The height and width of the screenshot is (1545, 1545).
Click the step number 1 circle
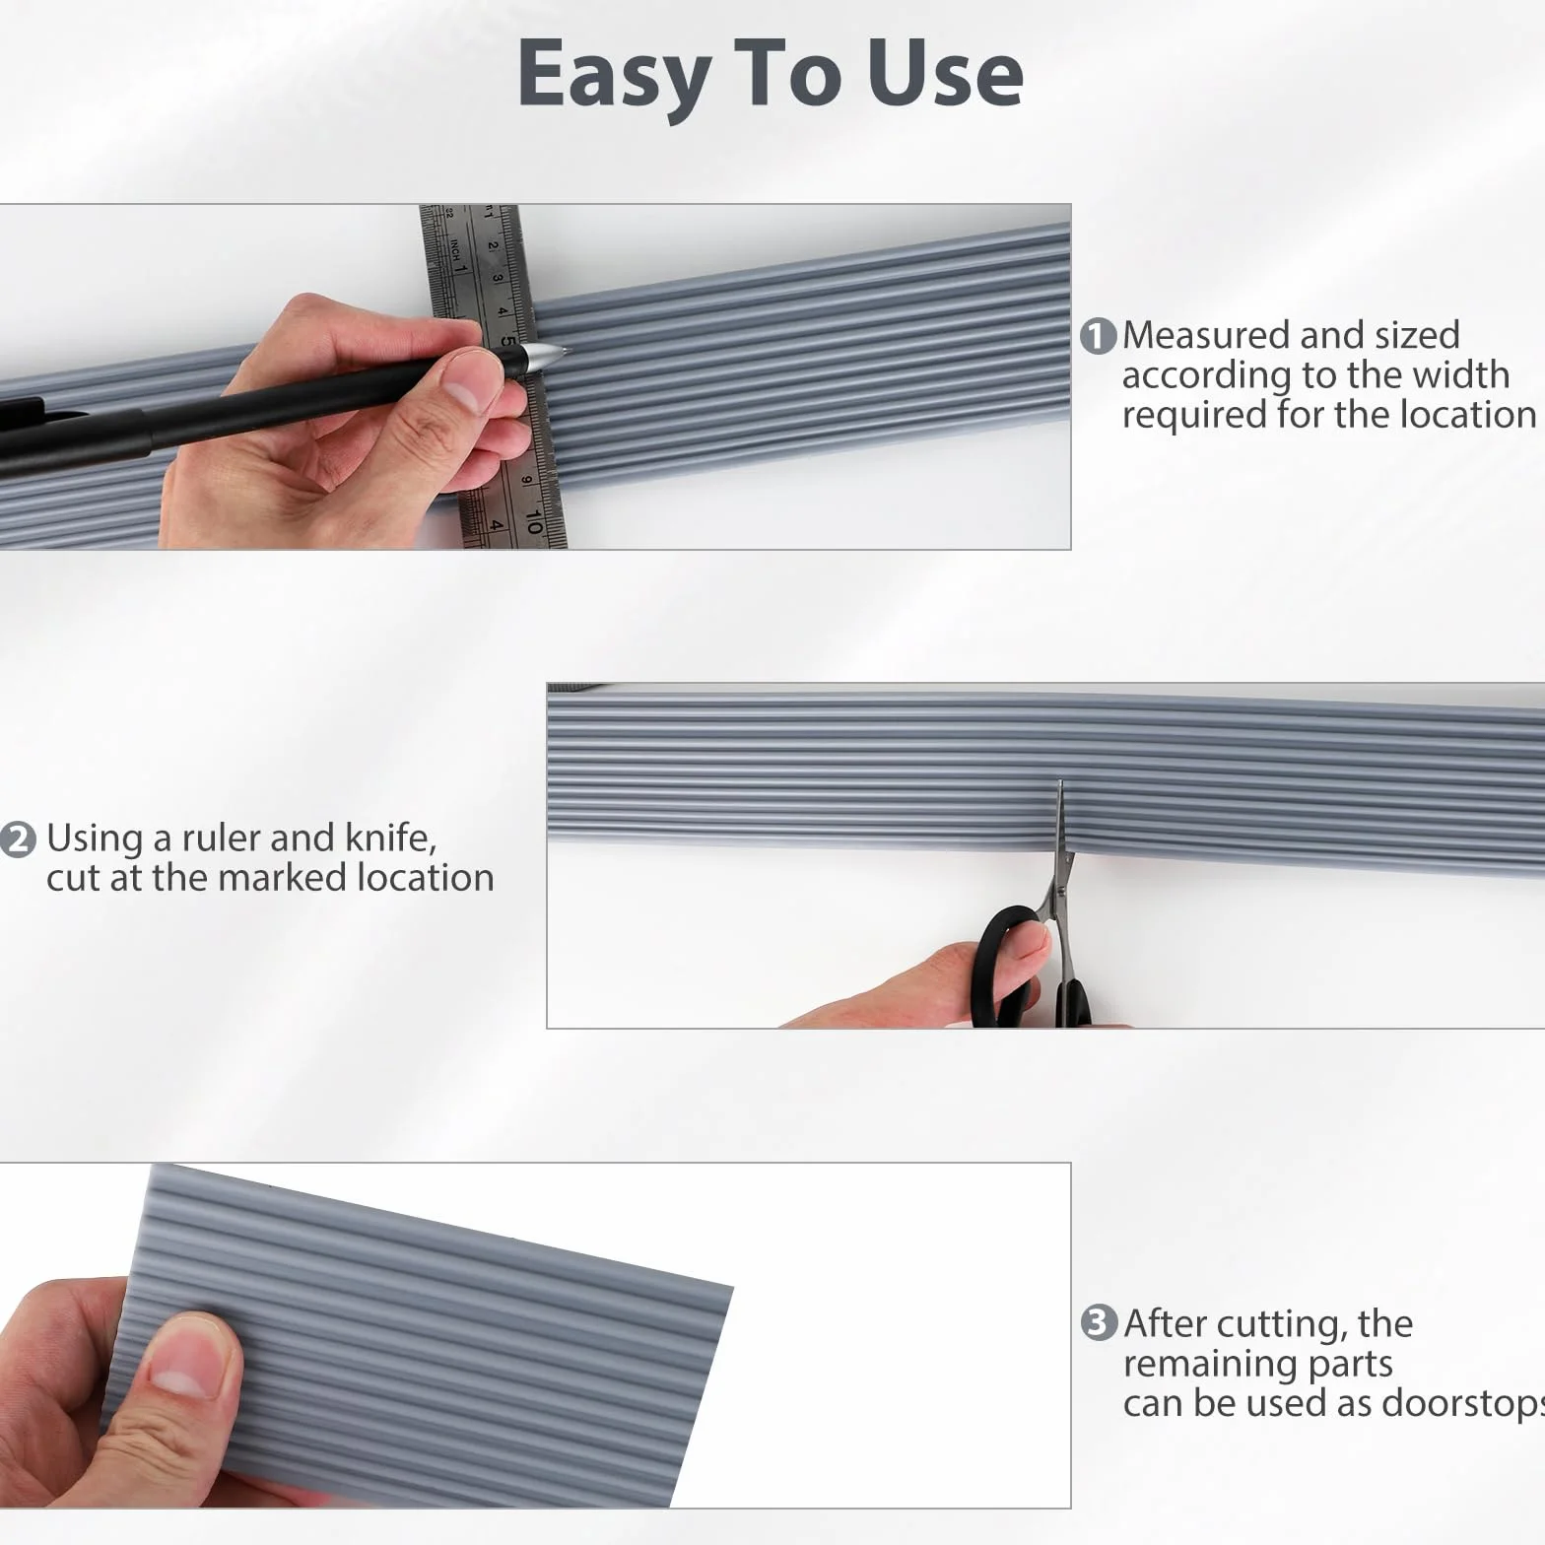click(x=1099, y=336)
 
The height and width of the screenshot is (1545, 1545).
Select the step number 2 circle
click(x=18, y=840)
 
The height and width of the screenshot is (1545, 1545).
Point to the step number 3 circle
click(x=1100, y=1322)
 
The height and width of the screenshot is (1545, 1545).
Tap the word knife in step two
click(x=391, y=838)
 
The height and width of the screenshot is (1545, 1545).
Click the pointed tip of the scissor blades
click(x=1060, y=781)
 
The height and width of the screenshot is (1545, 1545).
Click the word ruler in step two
click(x=221, y=838)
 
